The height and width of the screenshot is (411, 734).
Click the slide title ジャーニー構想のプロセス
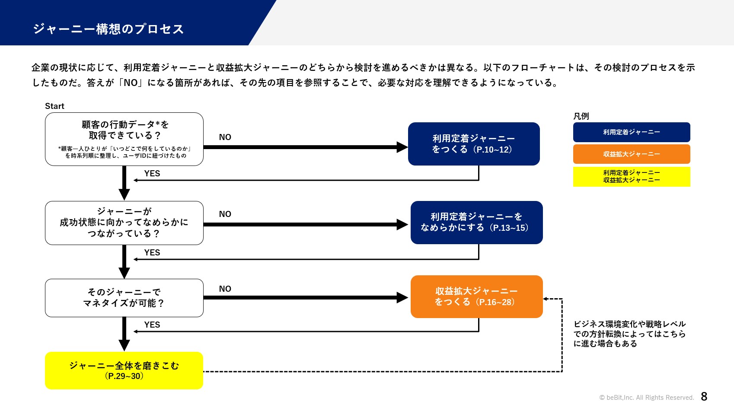(109, 29)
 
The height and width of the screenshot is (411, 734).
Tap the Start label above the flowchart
(54, 106)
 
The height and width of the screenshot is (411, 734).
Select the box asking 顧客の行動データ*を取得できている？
(124, 139)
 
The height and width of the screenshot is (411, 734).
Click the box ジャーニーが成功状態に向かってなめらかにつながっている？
(124, 223)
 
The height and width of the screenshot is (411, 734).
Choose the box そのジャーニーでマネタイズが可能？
(124, 298)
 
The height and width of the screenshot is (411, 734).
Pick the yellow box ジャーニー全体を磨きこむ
(124, 370)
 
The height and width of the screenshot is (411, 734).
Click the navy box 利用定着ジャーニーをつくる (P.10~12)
(474, 144)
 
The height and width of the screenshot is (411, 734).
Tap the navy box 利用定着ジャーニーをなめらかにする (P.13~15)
(476, 223)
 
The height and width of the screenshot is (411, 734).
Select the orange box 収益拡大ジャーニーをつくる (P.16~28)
(476, 296)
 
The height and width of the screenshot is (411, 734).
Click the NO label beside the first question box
(225, 137)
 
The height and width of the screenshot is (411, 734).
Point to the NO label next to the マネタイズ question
(225, 289)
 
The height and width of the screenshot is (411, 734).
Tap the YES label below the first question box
(152, 174)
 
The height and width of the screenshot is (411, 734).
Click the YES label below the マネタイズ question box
(152, 325)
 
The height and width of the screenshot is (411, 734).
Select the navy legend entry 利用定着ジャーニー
(632, 132)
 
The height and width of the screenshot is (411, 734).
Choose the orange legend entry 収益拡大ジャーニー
(632, 154)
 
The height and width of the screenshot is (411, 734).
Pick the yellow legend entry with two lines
(632, 177)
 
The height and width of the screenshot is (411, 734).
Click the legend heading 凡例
(581, 116)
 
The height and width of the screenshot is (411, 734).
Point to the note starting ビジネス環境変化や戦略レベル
(629, 334)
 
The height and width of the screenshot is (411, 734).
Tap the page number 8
(704, 396)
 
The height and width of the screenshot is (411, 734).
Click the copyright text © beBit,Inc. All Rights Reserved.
(647, 398)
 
